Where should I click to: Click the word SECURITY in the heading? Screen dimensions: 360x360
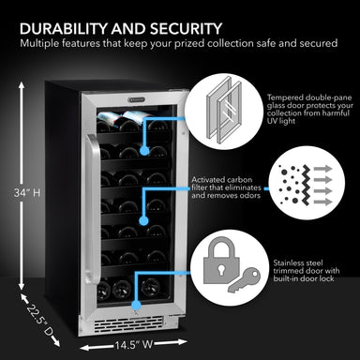[196, 28]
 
